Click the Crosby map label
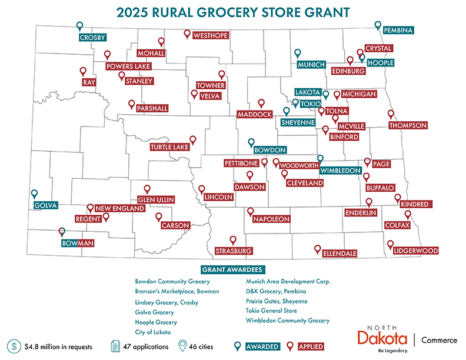pyautogui.click(x=92, y=38)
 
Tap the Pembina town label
pyautogui.click(x=398, y=29)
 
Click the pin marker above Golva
pyautogui.click(x=34, y=194)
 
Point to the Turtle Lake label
pyautogui.click(x=168, y=147)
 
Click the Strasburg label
pyautogui.click(x=234, y=251)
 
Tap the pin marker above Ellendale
pyautogui.click(x=318, y=249)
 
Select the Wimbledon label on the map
pyautogui.click(x=339, y=171)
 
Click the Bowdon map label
pyautogui.click(x=271, y=150)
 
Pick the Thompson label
pyautogui.click(x=408, y=125)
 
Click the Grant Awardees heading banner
pyautogui.click(x=232, y=269)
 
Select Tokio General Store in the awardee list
pyautogui.click(x=271, y=311)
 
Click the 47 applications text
pyautogui.click(x=145, y=346)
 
